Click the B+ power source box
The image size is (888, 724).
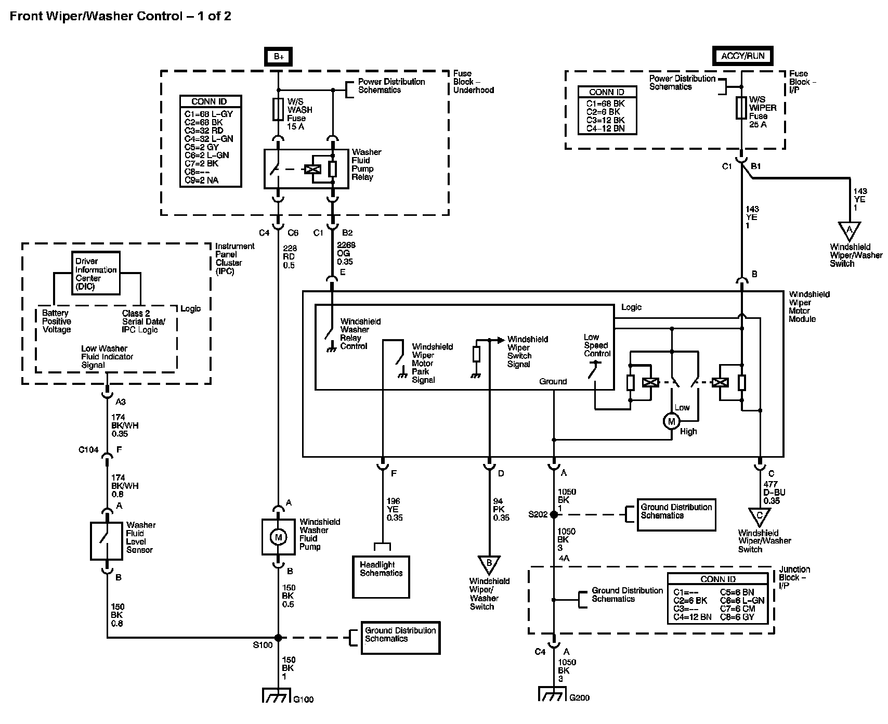point(279,56)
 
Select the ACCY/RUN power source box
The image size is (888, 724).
point(742,56)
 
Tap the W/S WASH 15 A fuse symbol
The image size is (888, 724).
point(279,110)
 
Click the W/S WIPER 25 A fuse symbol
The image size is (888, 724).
point(742,108)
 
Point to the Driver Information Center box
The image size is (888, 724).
point(96,274)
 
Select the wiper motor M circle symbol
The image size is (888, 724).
point(671,421)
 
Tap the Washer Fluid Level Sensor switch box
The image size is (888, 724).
point(107,541)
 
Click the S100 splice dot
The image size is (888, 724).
point(278,638)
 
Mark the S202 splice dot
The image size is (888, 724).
point(554,514)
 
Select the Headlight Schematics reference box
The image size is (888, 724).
point(381,577)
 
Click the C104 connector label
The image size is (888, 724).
point(88,450)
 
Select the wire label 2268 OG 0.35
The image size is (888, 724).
point(345,253)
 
